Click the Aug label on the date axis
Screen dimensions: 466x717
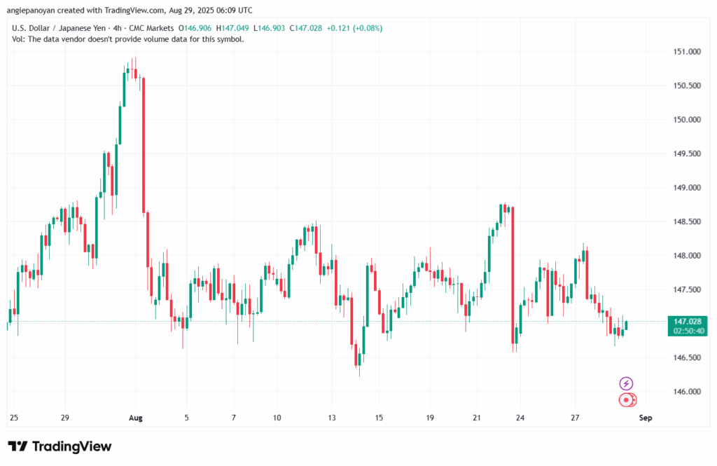[x=136, y=418]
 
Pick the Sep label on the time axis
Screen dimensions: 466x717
[x=646, y=418]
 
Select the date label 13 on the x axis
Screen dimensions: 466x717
[x=332, y=418]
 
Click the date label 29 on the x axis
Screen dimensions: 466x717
[x=64, y=418]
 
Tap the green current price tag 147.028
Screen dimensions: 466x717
[x=687, y=320]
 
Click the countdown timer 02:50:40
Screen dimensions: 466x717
[x=687, y=330]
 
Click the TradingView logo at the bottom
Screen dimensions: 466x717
[x=60, y=446]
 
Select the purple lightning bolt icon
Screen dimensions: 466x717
[x=627, y=383]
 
